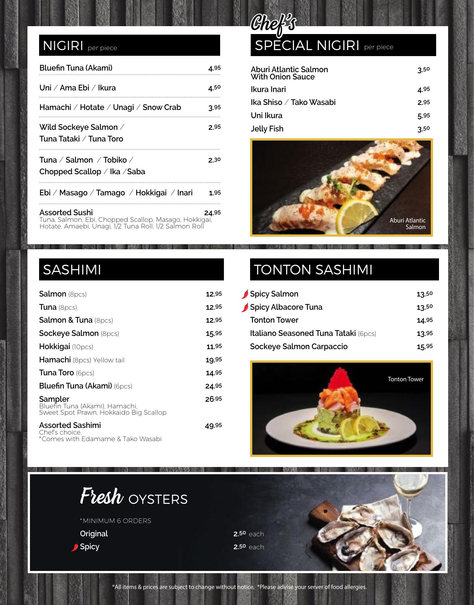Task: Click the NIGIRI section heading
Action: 63,46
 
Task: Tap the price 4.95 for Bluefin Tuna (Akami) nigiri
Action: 214,68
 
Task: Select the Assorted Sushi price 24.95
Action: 212,213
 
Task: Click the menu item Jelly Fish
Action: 267,129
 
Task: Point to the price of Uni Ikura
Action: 424,116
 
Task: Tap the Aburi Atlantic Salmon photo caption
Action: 408,223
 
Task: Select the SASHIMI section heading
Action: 72,270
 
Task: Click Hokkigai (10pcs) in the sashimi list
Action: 66,347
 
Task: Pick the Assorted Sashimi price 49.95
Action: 213,426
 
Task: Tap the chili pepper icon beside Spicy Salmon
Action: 245,294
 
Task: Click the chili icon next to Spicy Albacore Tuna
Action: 245,308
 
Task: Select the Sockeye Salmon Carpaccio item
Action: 298,347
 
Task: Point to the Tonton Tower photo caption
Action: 405,379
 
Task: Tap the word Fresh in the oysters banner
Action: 101,497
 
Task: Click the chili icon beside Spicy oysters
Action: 75,547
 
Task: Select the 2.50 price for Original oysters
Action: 239,534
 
